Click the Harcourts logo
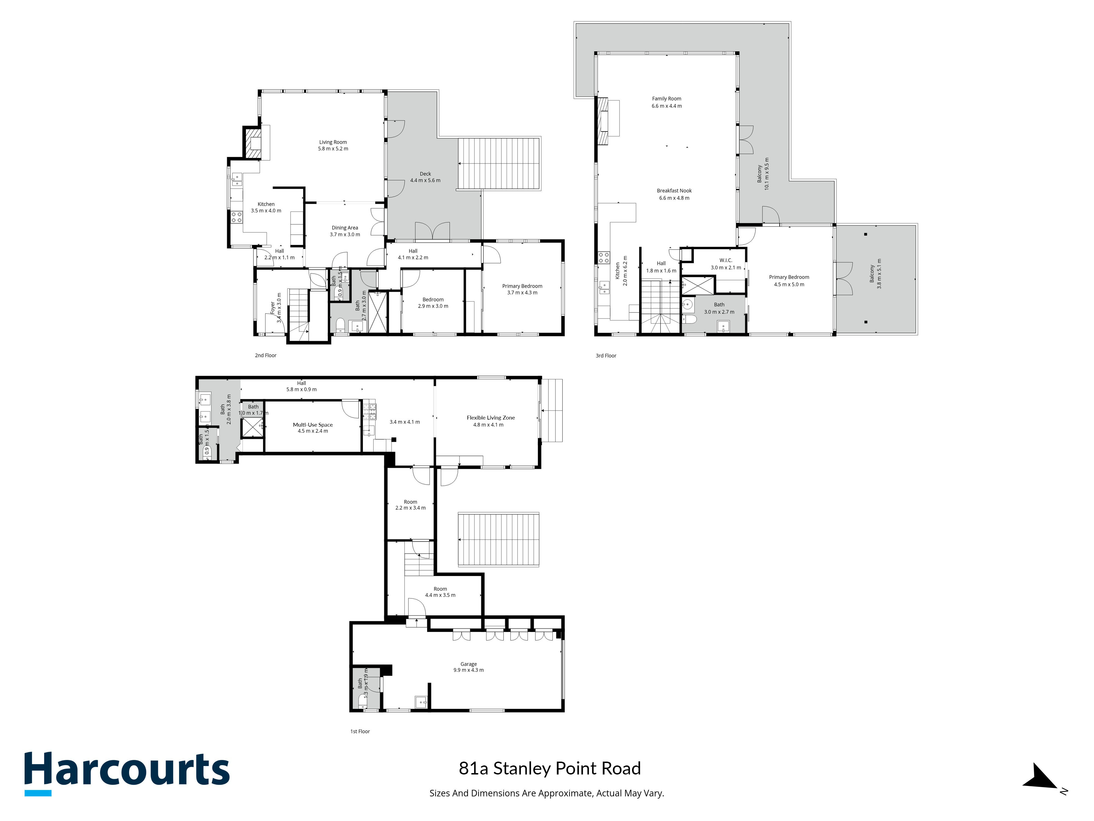(127, 773)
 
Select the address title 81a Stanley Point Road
(549, 768)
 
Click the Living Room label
(333, 142)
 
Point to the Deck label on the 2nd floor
(425, 174)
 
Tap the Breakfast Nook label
(674, 190)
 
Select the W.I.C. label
(726, 260)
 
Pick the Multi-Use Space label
(313, 425)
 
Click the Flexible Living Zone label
(491, 418)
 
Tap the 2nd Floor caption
(266, 355)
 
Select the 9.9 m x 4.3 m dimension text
(468, 670)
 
